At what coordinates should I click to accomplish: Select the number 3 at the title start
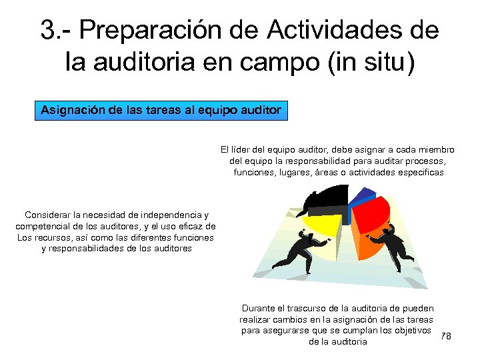point(48,31)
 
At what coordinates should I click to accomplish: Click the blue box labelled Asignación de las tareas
point(161,109)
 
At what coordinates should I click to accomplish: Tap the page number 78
point(446,336)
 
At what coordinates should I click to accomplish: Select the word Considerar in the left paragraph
point(48,215)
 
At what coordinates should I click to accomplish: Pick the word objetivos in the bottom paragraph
point(412,330)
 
